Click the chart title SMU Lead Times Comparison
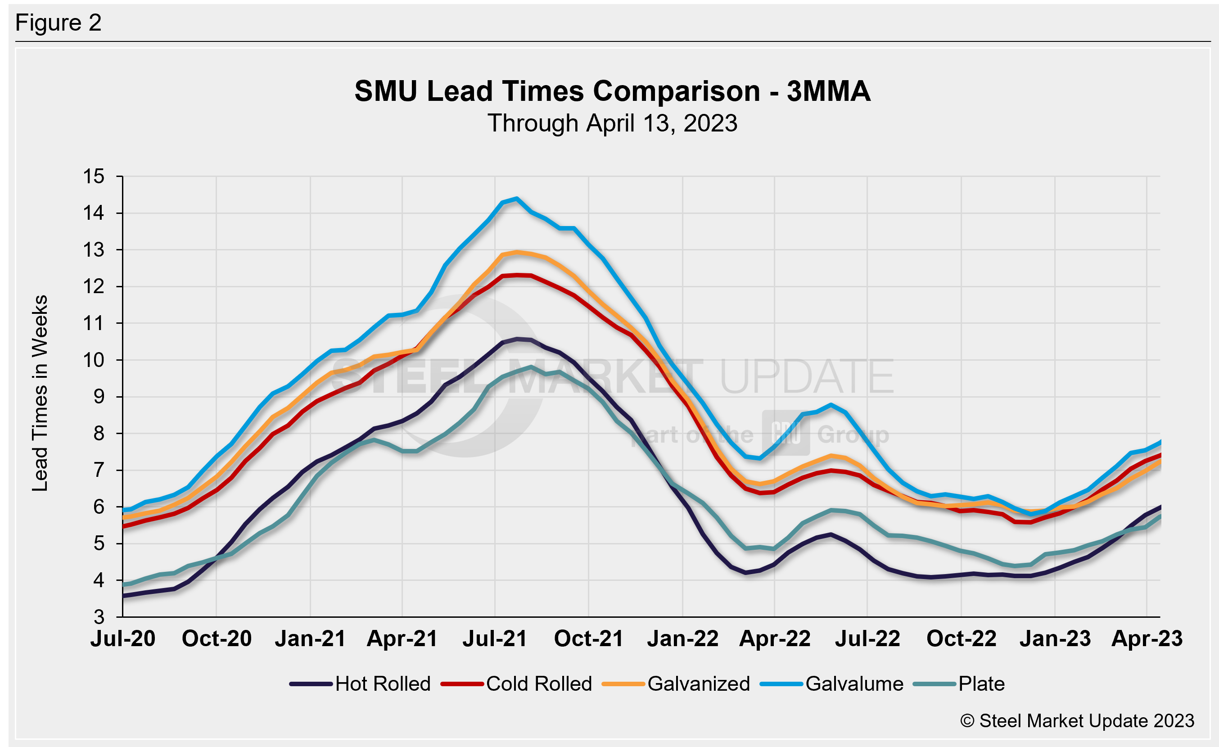pyautogui.click(x=612, y=91)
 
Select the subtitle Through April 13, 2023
pyautogui.click(x=612, y=123)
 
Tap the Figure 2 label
pyautogui.click(x=59, y=23)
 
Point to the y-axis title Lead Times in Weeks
pyautogui.click(x=40, y=393)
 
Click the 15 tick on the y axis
pyautogui.click(x=94, y=176)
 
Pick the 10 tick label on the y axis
pyautogui.click(x=94, y=360)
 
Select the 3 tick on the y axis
pyautogui.click(x=99, y=617)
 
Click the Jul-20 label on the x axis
pyautogui.click(x=123, y=638)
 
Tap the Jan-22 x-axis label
pyautogui.click(x=683, y=638)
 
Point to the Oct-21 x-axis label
pyautogui.click(x=589, y=638)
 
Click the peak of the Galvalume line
pyautogui.click(x=516, y=199)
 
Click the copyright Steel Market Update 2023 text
pyautogui.click(x=1077, y=721)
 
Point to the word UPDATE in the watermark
pyautogui.click(x=806, y=377)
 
